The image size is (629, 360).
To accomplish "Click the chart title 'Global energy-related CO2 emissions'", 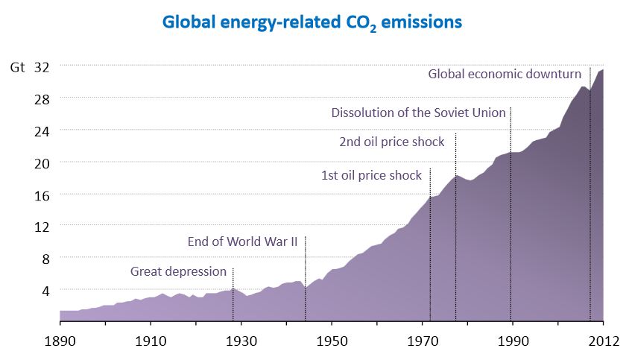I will click(314, 22).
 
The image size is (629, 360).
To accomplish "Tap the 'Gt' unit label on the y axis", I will click(17, 67).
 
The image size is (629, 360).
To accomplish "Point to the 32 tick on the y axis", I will click(42, 67).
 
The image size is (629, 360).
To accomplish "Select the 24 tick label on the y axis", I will click(42, 130).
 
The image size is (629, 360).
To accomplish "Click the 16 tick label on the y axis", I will click(42, 195).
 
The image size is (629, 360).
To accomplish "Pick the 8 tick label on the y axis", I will click(45, 258).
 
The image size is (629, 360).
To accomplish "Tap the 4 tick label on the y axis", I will click(45, 290).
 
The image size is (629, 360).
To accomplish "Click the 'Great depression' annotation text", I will click(178, 271).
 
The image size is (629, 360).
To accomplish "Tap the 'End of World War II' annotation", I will click(242, 241).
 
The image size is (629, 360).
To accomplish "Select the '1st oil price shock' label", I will click(371, 176).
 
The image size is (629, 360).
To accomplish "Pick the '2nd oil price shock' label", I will click(391, 142).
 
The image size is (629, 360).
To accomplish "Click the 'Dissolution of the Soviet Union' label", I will click(418, 113).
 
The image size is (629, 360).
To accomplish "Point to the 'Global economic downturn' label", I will click(505, 74).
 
